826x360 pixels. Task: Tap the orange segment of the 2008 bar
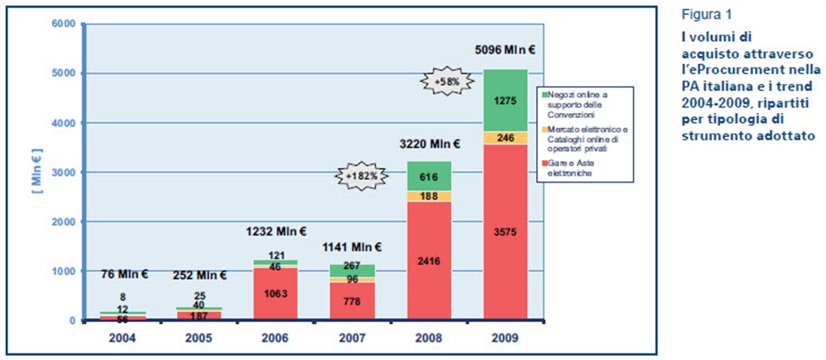(x=428, y=196)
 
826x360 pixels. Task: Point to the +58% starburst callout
(x=446, y=82)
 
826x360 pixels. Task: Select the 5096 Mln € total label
(x=506, y=50)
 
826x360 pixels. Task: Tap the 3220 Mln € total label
(x=428, y=144)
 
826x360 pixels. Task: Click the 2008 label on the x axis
(x=428, y=338)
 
